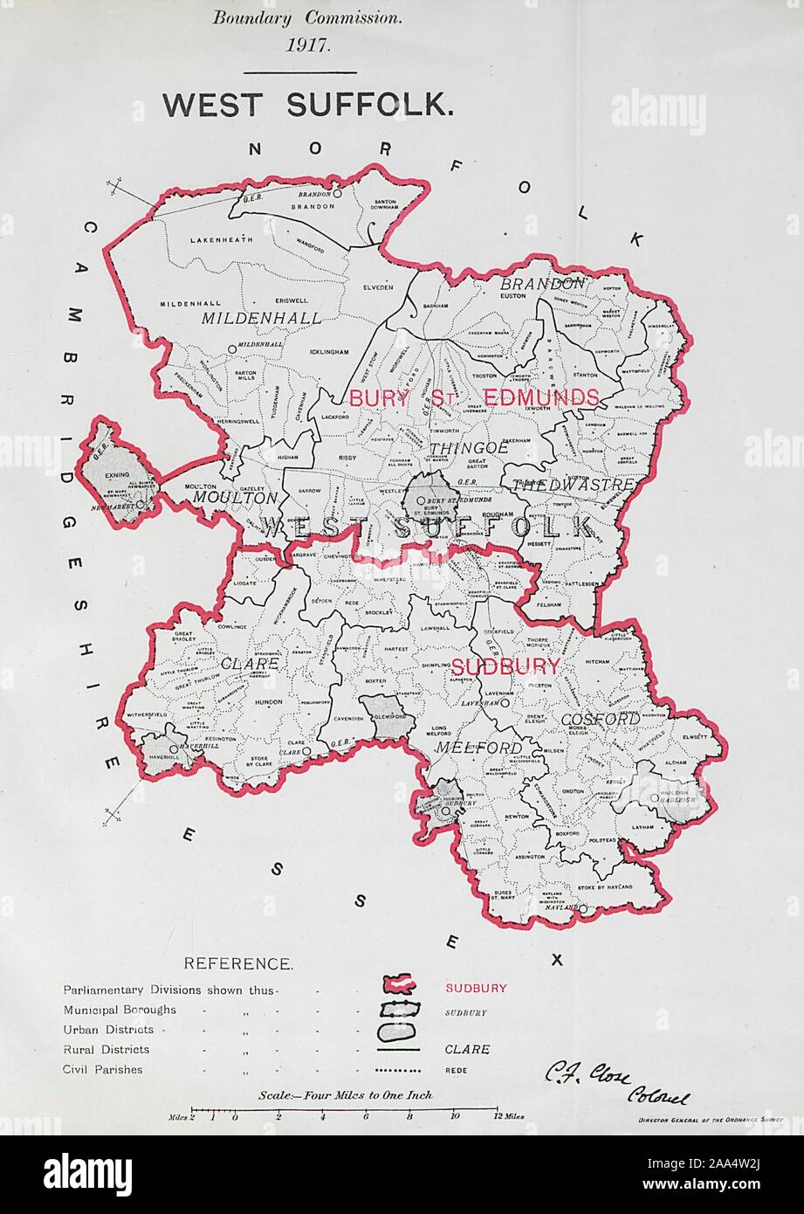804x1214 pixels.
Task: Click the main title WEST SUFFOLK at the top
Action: (308, 104)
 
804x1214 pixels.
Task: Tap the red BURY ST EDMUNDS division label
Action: (474, 397)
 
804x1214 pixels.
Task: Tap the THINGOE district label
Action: (457, 447)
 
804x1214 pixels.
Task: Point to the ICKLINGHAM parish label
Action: (329, 352)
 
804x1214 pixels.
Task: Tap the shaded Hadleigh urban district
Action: (661, 790)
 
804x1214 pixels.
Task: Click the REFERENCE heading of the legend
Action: (237, 964)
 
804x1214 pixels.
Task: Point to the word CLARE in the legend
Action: (467, 1050)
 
